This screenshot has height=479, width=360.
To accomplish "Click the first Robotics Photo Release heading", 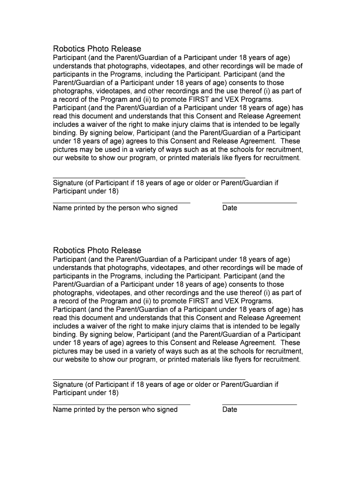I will coord(97,49).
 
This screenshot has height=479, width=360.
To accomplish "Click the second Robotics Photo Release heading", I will coord(97,250).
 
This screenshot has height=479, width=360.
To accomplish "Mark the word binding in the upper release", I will coord(65,133).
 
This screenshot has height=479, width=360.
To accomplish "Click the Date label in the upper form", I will coord(230,208).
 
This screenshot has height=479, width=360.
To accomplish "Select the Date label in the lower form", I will coord(230,410).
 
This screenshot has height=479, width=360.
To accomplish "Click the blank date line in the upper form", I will coord(259,203).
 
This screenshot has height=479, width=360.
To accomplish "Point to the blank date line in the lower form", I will coord(259,404).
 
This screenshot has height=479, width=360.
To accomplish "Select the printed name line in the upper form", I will coord(122,203).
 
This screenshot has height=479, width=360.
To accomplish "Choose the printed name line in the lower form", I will coord(122,404).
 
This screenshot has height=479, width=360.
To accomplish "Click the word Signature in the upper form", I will coord(68,183).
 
